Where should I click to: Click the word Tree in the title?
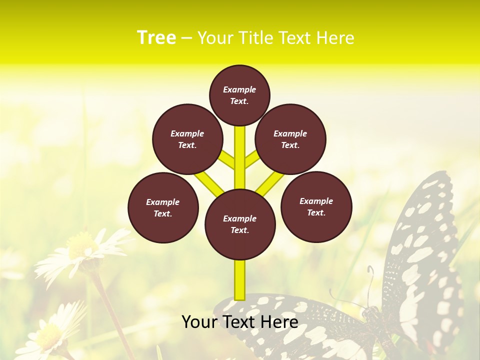(156, 37)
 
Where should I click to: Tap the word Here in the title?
(335, 38)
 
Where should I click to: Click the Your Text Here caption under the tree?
(240, 322)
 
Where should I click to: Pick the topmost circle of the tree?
(239, 95)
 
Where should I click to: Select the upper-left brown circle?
(187, 139)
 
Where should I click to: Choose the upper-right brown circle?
(290, 139)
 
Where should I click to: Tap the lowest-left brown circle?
(163, 207)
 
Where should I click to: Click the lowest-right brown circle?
(316, 206)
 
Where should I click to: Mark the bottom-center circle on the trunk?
(240, 224)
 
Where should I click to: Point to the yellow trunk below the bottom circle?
(240, 280)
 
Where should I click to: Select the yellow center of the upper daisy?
(80, 245)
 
